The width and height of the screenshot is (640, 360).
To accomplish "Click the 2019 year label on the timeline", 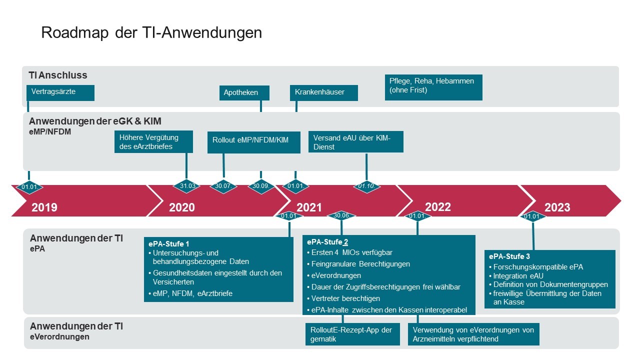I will (44, 207).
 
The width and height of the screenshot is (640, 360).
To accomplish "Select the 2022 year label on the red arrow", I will (438, 207).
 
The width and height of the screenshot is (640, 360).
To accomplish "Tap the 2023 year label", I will (557, 207).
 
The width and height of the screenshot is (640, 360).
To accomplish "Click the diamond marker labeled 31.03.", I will (187, 186).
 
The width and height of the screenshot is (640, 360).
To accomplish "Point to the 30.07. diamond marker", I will (223, 186).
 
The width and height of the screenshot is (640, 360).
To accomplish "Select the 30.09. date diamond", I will (261, 186).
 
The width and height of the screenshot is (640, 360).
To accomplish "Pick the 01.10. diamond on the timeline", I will (367, 186).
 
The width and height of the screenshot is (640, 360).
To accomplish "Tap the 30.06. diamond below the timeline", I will (341, 216).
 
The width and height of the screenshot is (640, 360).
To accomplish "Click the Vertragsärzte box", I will (60, 93).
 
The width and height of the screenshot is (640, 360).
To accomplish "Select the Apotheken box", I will (244, 93).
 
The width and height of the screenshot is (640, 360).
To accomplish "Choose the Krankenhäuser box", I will (323, 93).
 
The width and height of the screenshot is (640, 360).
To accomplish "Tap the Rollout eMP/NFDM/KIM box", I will (254, 141).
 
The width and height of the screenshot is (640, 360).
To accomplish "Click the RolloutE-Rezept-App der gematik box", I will (352, 334).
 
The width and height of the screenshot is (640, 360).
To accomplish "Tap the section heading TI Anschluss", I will (58, 75).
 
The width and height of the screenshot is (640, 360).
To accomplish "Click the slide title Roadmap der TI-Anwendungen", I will (151, 32).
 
